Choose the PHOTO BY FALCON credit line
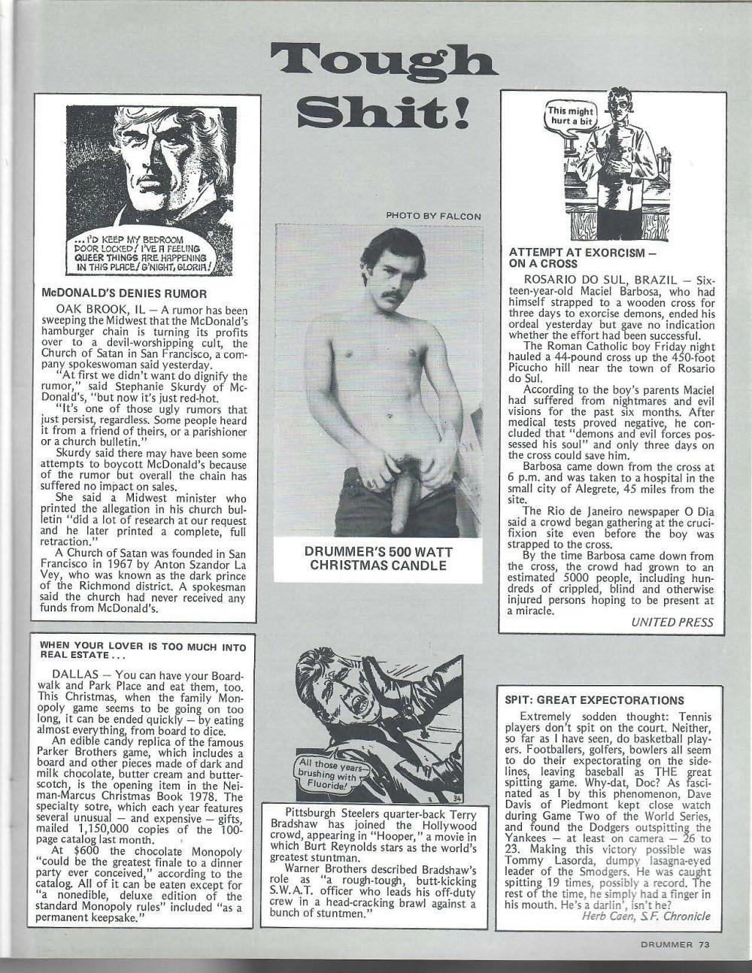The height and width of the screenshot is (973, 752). click(433, 216)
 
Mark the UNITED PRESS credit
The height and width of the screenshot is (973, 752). click(671, 622)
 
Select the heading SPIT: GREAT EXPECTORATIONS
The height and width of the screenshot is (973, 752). click(594, 700)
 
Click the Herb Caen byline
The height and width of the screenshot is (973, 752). click(645, 915)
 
